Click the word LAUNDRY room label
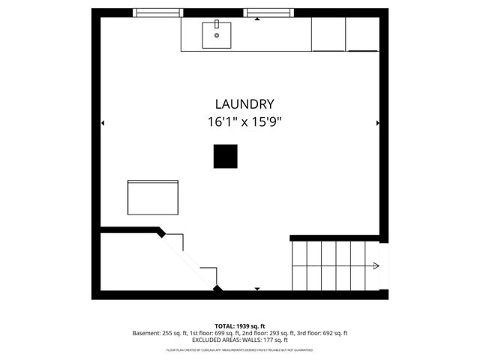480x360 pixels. point(244,104)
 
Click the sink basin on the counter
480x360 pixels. point(217,34)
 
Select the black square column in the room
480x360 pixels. point(225,156)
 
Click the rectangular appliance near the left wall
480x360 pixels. point(153,197)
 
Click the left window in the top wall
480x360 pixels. point(157,13)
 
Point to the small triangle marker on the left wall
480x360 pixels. point(103,123)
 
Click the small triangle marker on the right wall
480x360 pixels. point(377,123)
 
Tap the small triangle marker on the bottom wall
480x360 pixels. point(257,288)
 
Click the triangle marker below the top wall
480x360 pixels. point(257,19)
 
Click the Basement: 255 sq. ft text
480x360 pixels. point(162,333)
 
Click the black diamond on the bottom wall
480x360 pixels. point(217,288)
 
